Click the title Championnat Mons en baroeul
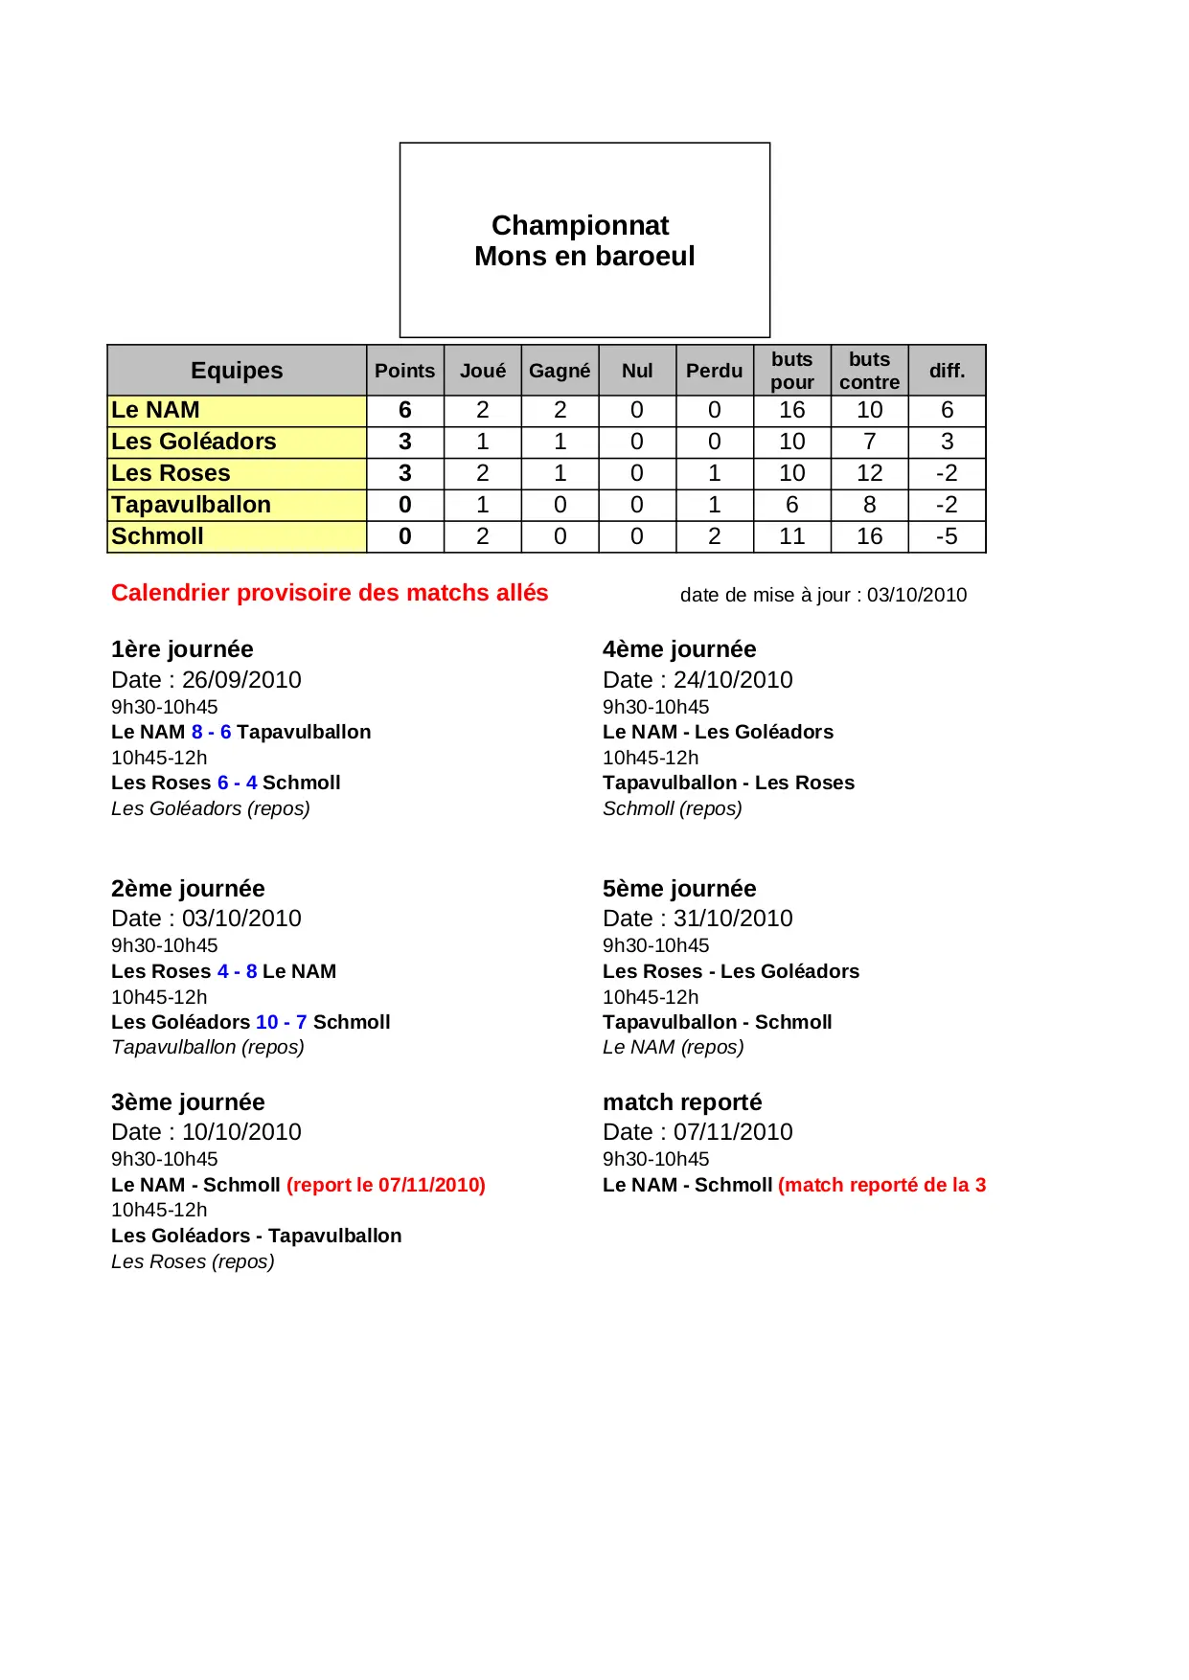(584, 240)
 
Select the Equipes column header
(237, 371)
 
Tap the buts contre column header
(869, 371)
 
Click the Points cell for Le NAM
(405, 410)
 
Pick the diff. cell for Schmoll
(947, 536)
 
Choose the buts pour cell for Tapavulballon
(791, 505)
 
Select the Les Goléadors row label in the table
(194, 442)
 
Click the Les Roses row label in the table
(171, 473)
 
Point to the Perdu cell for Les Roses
(714, 473)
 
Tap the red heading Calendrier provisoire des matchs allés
(330, 593)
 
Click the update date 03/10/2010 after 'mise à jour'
(917, 595)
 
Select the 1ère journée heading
(182, 649)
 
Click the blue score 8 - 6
(211, 732)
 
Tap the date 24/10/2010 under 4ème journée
(733, 680)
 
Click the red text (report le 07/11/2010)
(386, 1185)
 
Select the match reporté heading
(682, 1102)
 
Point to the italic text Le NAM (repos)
(673, 1047)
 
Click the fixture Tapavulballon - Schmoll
(717, 1022)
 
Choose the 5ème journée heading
(679, 889)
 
